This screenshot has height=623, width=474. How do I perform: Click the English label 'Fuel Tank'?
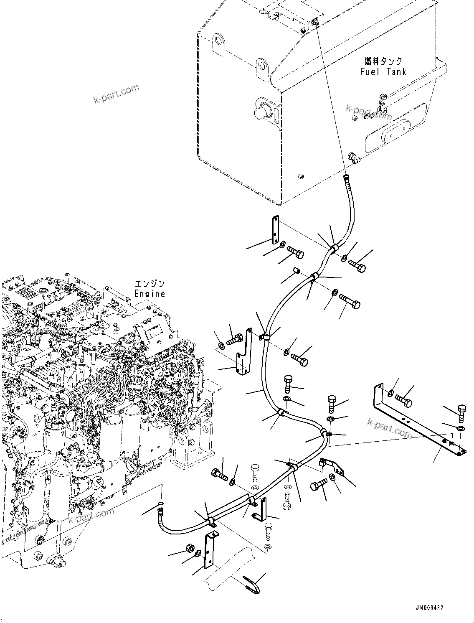pyautogui.click(x=383, y=71)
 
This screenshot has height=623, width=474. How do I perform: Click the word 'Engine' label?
pyautogui.click(x=150, y=293)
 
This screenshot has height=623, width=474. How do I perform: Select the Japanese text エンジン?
pyautogui.click(x=150, y=283)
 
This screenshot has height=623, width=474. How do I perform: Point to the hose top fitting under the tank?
pyautogui.click(x=346, y=178)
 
